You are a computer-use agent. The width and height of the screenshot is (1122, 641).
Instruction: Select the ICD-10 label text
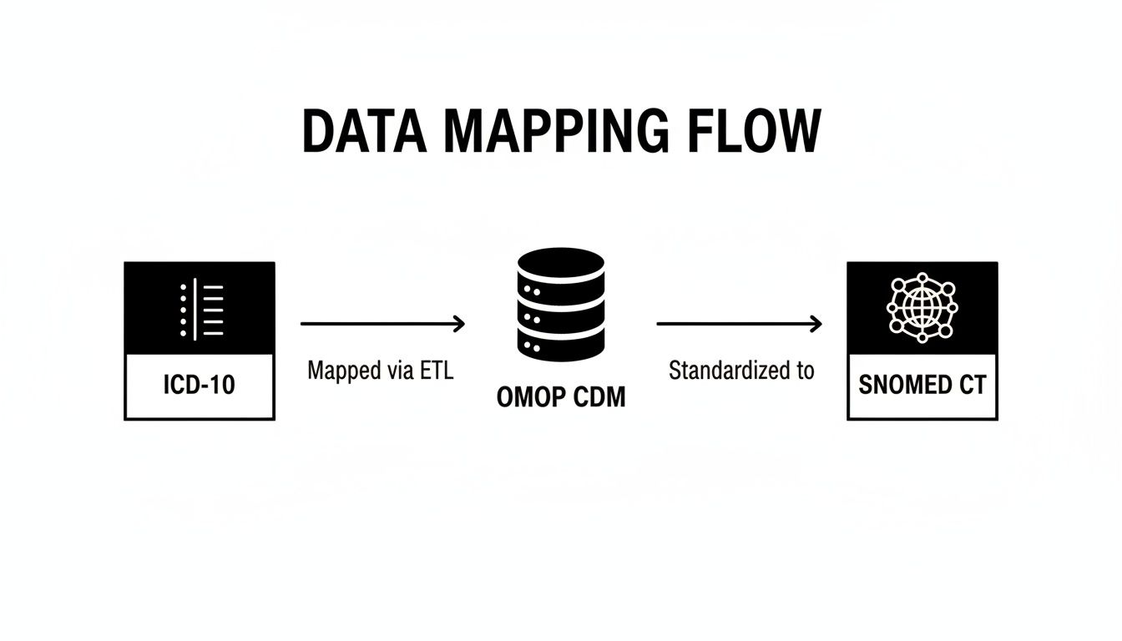(200, 386)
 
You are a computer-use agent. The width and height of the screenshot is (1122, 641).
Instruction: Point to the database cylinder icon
(560, 305)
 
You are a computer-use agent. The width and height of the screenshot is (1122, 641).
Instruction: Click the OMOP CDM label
(560, 397)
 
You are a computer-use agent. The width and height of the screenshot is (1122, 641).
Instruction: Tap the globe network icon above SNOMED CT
(922, 307)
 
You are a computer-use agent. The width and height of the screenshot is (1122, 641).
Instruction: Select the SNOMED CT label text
(922, 385)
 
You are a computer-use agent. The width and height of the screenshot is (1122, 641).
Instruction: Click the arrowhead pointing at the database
(459, 323)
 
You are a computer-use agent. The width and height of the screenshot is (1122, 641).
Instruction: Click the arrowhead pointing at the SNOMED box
(816, 323)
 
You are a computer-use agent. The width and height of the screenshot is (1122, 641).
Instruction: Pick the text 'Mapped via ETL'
(380, 371)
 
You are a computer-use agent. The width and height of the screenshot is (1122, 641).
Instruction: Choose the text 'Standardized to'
(741, 371)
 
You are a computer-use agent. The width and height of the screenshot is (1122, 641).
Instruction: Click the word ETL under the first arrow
(437, 371)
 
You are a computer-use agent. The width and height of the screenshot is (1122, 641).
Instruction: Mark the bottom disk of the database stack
(560, 341)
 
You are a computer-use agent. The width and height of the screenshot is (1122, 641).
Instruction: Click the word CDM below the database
(596, 397)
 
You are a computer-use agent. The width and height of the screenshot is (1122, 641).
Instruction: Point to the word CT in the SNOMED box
(972, 385)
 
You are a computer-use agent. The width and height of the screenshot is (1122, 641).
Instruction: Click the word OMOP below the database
(527, 397)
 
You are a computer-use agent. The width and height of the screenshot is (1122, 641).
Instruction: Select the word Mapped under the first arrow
(341, 371)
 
